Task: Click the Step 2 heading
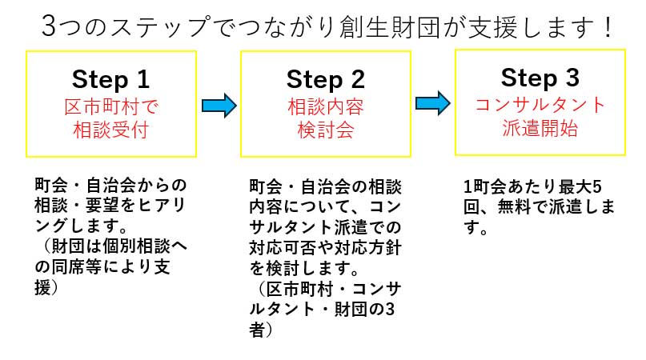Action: pos(325,79)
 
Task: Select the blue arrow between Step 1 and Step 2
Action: pos(219,104)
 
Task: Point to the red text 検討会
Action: pos(325,130)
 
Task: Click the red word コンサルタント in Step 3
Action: pos(540,105)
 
